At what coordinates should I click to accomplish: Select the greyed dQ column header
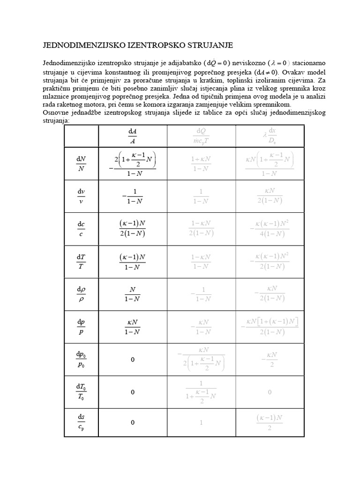[x=201, y=136]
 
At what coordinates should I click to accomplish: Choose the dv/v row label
[x=81, y=197]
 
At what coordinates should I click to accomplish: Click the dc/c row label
[x=81, y=229]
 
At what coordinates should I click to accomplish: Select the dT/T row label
[x=81, y=262]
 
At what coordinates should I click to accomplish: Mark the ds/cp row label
[x=81, y=422]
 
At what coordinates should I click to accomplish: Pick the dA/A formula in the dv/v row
[x=132, y=197]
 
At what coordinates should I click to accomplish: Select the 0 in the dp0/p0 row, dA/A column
[x=133, y=360]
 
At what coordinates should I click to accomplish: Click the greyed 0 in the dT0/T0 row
[x=270, y=391]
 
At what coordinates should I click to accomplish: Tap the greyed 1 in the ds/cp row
[x=201, y=422]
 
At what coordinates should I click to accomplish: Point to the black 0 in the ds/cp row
[x=133, y=422]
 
